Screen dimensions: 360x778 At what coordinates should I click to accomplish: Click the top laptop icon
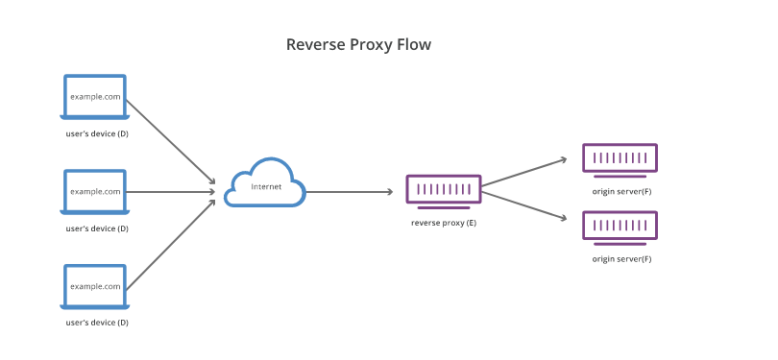[95, 98]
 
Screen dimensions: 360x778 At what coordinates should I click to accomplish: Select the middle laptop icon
[95, 192]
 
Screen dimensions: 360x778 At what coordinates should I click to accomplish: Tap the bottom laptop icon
[95, 287]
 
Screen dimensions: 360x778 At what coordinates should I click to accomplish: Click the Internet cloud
[265, 184]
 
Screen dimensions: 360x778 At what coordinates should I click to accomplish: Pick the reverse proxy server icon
[443, 190]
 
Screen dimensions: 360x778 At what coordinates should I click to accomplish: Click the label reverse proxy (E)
[443, 222]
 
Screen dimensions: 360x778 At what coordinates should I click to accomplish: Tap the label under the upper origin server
[621, 191]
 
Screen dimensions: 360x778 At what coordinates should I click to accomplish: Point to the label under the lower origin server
[621, 259]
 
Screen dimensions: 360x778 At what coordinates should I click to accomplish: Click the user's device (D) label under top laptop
[96, 133]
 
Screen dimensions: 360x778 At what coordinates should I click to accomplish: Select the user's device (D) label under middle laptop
[96, 228]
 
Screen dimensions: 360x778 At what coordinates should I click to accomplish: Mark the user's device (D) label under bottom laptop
[96, 323]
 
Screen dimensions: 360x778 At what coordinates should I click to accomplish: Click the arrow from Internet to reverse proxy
[350, 192]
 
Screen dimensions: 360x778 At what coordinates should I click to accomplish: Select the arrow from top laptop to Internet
[170, 141]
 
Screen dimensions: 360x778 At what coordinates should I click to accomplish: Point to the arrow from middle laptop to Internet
[170, 192]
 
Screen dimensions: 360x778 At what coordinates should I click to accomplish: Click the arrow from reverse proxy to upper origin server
[524, 173]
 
